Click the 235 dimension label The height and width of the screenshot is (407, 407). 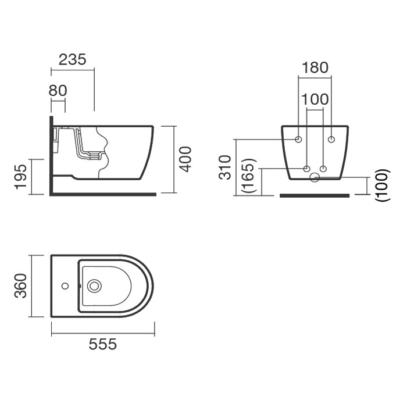(72, 60)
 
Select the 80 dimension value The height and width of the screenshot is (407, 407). (58, 91)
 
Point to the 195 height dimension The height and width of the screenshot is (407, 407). (20, 177)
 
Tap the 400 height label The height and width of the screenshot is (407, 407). (185, 159)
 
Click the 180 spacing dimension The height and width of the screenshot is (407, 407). (315, 67)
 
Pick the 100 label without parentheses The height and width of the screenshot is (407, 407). (315, 99)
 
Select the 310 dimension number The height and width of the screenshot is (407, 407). (225, 167)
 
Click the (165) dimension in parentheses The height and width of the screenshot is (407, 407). (249, 175)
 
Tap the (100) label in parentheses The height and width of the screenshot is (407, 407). (383, 185)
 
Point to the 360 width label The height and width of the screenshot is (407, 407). (20, 286)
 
